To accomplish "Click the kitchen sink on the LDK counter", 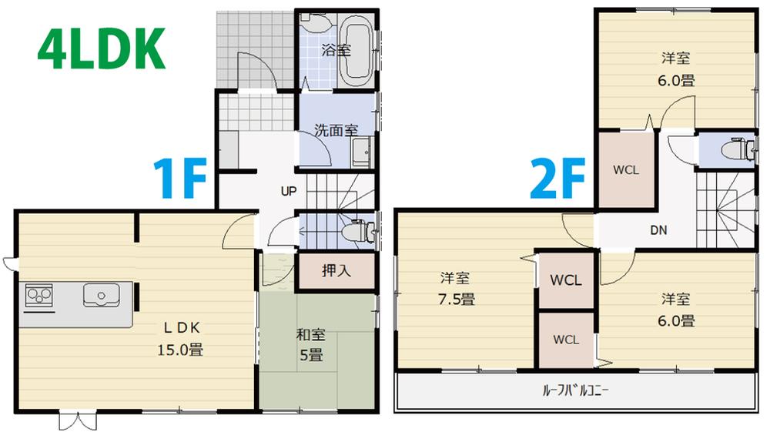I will (x=100, y=294).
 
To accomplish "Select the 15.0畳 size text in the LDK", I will (x=181, y=349).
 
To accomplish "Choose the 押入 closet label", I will (x=335, y=271).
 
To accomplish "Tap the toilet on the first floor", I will (x=357, y=230).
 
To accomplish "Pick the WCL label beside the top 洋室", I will (x=625, y=170).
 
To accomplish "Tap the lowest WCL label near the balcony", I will (x=565, y=339).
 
